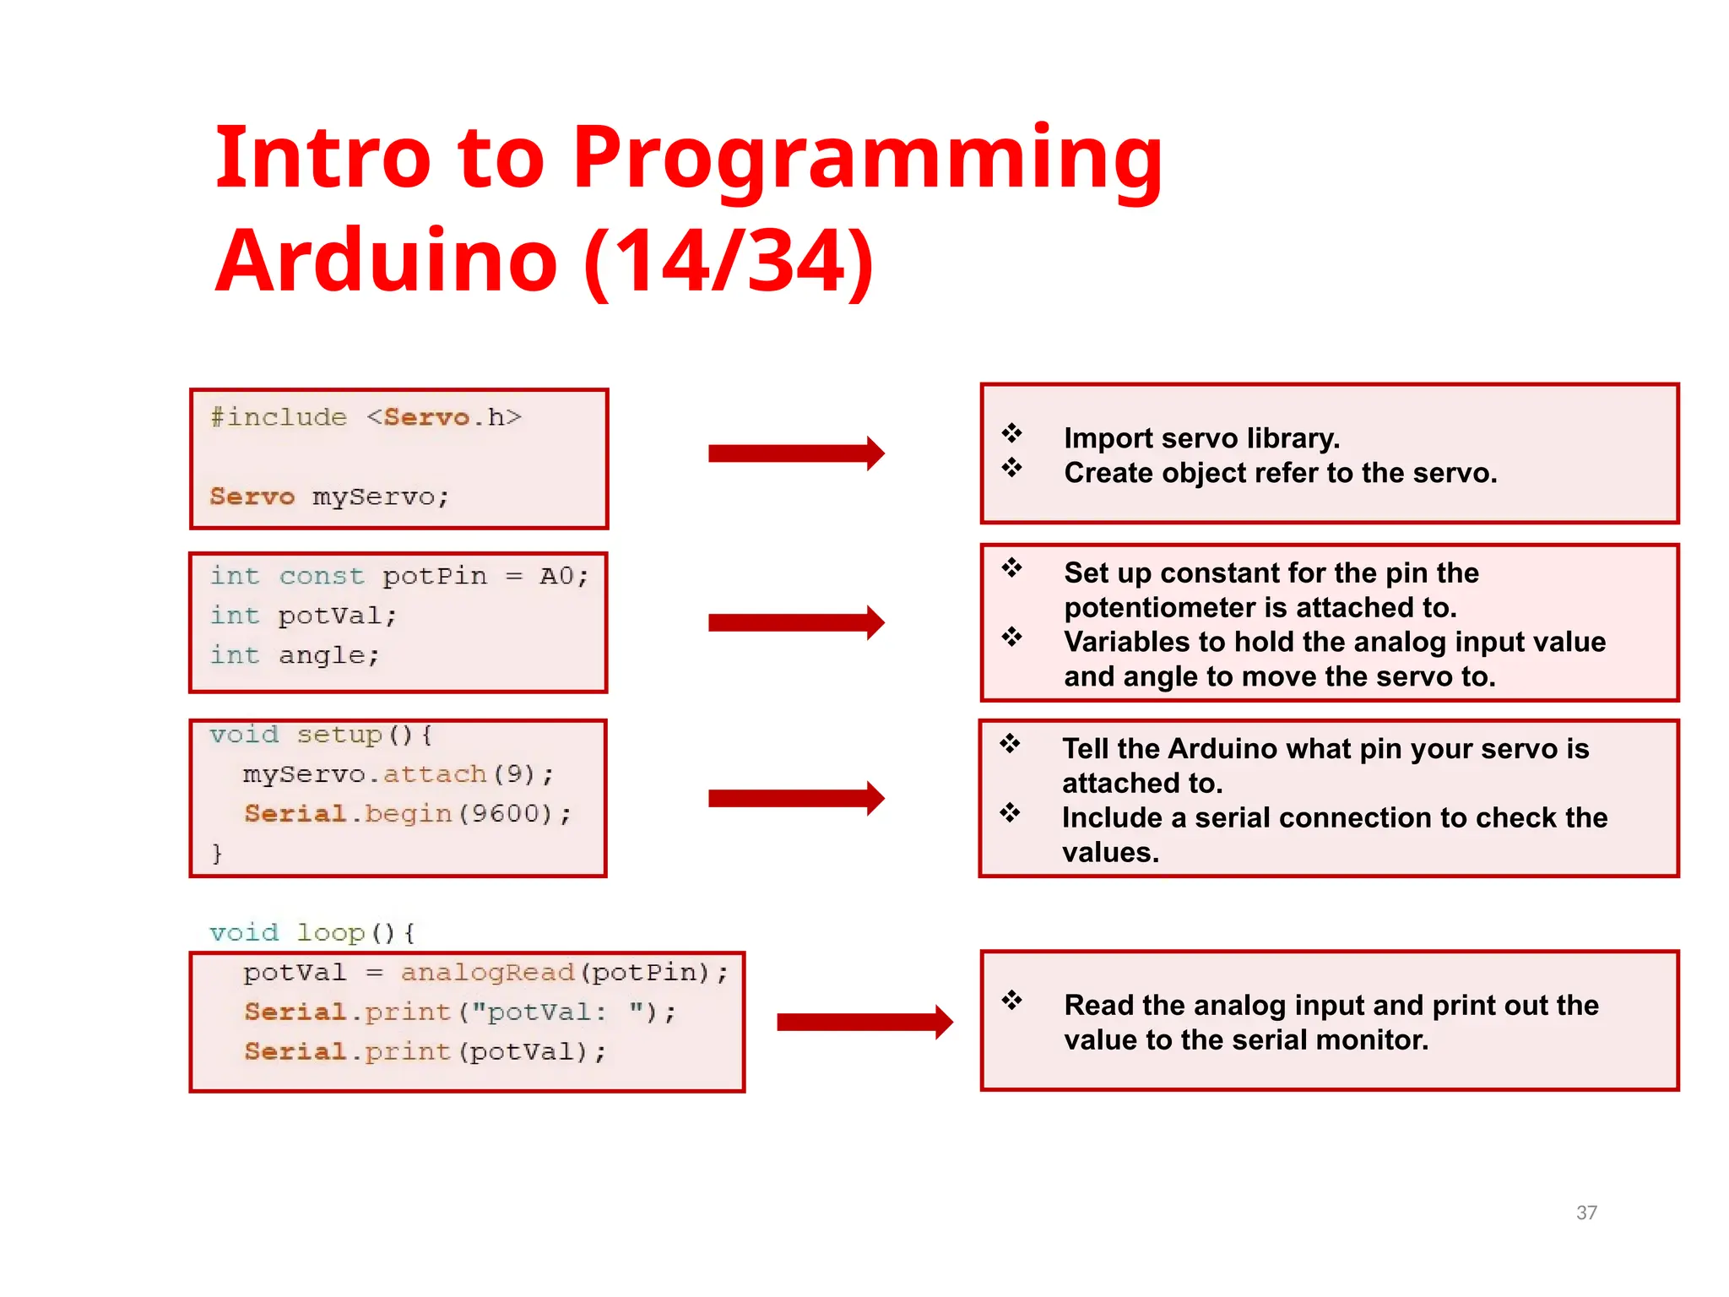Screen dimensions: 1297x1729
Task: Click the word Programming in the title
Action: pyautogui.click(x=867, y=160)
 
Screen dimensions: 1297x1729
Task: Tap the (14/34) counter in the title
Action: pyautogui.click(x=729, y=262)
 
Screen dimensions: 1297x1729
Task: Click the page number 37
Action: pyautogui.click(x=1586, y=1213)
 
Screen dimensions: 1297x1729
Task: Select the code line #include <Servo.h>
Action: pyautogui.click(x=366, y=418)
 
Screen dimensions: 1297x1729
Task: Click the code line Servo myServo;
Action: pyautogui.click(x=329, y=497)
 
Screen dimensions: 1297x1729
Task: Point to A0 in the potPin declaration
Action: pyautogui.click(x=556, y=576)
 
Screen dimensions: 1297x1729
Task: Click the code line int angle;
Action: pyautogui.click(x=295, y=655)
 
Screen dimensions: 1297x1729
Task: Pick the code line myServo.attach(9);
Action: pyautogui.click(x=398, y=773)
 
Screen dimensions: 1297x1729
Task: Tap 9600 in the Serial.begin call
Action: pyautogui.click(x=505, y=813)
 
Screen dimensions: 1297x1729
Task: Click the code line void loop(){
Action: pyautogui.click(x=312, y=932)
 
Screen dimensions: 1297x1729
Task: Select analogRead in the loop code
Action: pyautogui.click(x=487, y=973)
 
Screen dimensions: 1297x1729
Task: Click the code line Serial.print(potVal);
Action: pyautogui.click(x=425, y=1051)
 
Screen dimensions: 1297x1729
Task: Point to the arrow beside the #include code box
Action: pyautogui.click(x=795, y=453)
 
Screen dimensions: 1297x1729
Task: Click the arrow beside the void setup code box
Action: pyautogui.click(x=795, y=798)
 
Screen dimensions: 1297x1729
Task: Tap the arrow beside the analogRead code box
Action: pyautogui.click(x=864, y=1023)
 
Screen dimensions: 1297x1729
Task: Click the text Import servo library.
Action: pyautogui.click(x=1201, y=438)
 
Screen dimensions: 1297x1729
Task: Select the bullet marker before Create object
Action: pyautogui.click(x=1011, y=467)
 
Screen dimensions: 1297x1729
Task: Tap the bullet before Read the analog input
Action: pyautogui.click(x=1011, y=1001)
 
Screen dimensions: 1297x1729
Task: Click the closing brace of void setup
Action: pyautogui.click(x=217, y=854)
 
